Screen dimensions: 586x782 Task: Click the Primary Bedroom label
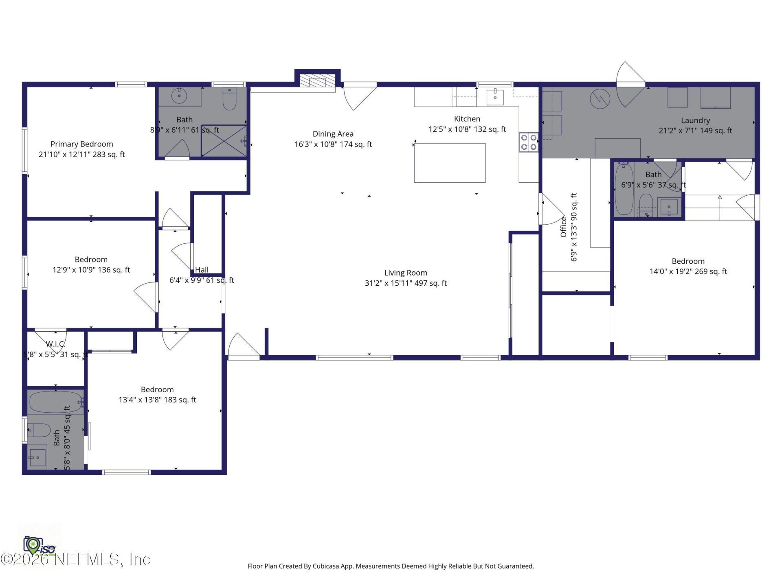pyautogui.click(x=81, y=144)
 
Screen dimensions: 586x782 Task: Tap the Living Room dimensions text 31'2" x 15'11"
pyautogui.click(x=405, y=283)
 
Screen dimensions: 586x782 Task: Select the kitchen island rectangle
pyautogui.click(x=450, y=163)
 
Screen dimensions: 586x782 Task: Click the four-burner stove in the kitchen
pyautogui.click(x=528, y=142)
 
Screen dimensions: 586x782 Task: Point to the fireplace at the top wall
pyautogui.click(x=317, y=80)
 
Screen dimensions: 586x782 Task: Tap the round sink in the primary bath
pyautogui.click(x=179, y=96)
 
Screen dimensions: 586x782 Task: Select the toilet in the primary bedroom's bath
pyautogui.click(x=230, y=98)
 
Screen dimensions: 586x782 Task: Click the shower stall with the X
pyautogui.click(x=224, y=141)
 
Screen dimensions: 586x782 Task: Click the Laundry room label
pyautogui.click(x=695, y=120)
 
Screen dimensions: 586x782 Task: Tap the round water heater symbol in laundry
pyautogui.click(x=600, y=99)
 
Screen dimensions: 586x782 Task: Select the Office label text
pyautogui.click(x=564, y=227)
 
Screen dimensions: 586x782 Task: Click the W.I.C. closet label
pyautogui.click(x=55, y=344)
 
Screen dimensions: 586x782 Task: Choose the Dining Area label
pyautogui.click(x=333, y=134)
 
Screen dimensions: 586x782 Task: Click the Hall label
pyautogui.click(x=202, y=270)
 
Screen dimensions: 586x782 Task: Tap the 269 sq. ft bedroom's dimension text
pyautogui.click(x=688, y=271)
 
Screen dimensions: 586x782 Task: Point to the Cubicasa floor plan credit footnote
pyautogui.click(x=391, y=566)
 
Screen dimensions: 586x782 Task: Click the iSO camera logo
pyautogui.click(x=39, y=546)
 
